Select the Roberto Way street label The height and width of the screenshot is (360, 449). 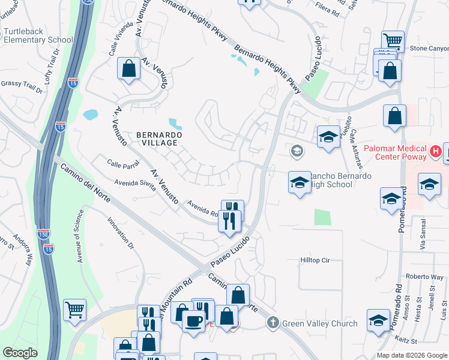(424, 277)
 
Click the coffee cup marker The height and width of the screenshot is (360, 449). (193, 322)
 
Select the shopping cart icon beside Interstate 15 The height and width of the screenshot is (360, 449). (74, 310)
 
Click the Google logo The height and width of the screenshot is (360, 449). (20, 353)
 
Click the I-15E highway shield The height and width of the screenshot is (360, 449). (44, 234)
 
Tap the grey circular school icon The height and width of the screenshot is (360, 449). (296, 151)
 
